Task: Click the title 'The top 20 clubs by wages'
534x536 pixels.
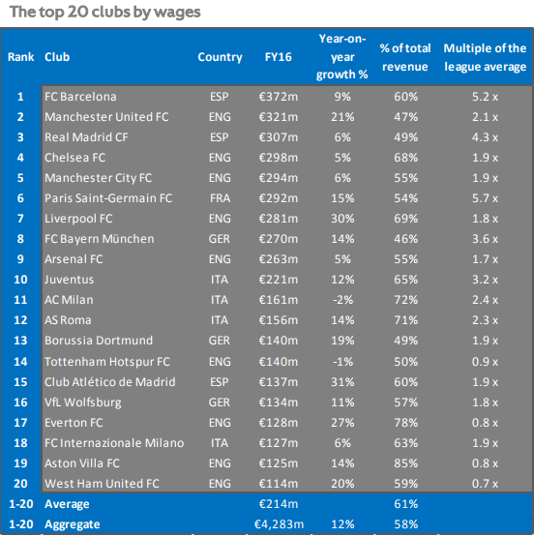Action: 105,13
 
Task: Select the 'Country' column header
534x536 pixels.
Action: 220,57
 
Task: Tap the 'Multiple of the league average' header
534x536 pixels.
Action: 485,57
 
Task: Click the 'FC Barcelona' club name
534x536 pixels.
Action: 80,97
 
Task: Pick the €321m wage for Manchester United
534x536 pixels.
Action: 279,117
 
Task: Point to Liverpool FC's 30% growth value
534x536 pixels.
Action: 342,219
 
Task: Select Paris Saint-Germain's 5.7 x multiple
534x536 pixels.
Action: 485,198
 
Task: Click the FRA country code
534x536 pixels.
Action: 220,198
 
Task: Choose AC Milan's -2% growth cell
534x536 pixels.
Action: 342,300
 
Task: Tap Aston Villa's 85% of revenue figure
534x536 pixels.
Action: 405,463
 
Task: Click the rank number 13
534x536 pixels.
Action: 20,341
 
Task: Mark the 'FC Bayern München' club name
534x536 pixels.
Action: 99,239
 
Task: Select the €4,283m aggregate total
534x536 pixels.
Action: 279,524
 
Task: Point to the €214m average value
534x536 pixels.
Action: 279,504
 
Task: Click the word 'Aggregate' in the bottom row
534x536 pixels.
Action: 73,524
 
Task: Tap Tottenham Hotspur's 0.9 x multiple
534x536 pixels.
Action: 485,362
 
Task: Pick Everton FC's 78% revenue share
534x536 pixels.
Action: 405,423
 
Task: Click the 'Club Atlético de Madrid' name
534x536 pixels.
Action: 109,382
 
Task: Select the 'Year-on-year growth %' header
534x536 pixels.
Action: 341,57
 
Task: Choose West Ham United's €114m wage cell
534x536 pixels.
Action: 279,484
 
